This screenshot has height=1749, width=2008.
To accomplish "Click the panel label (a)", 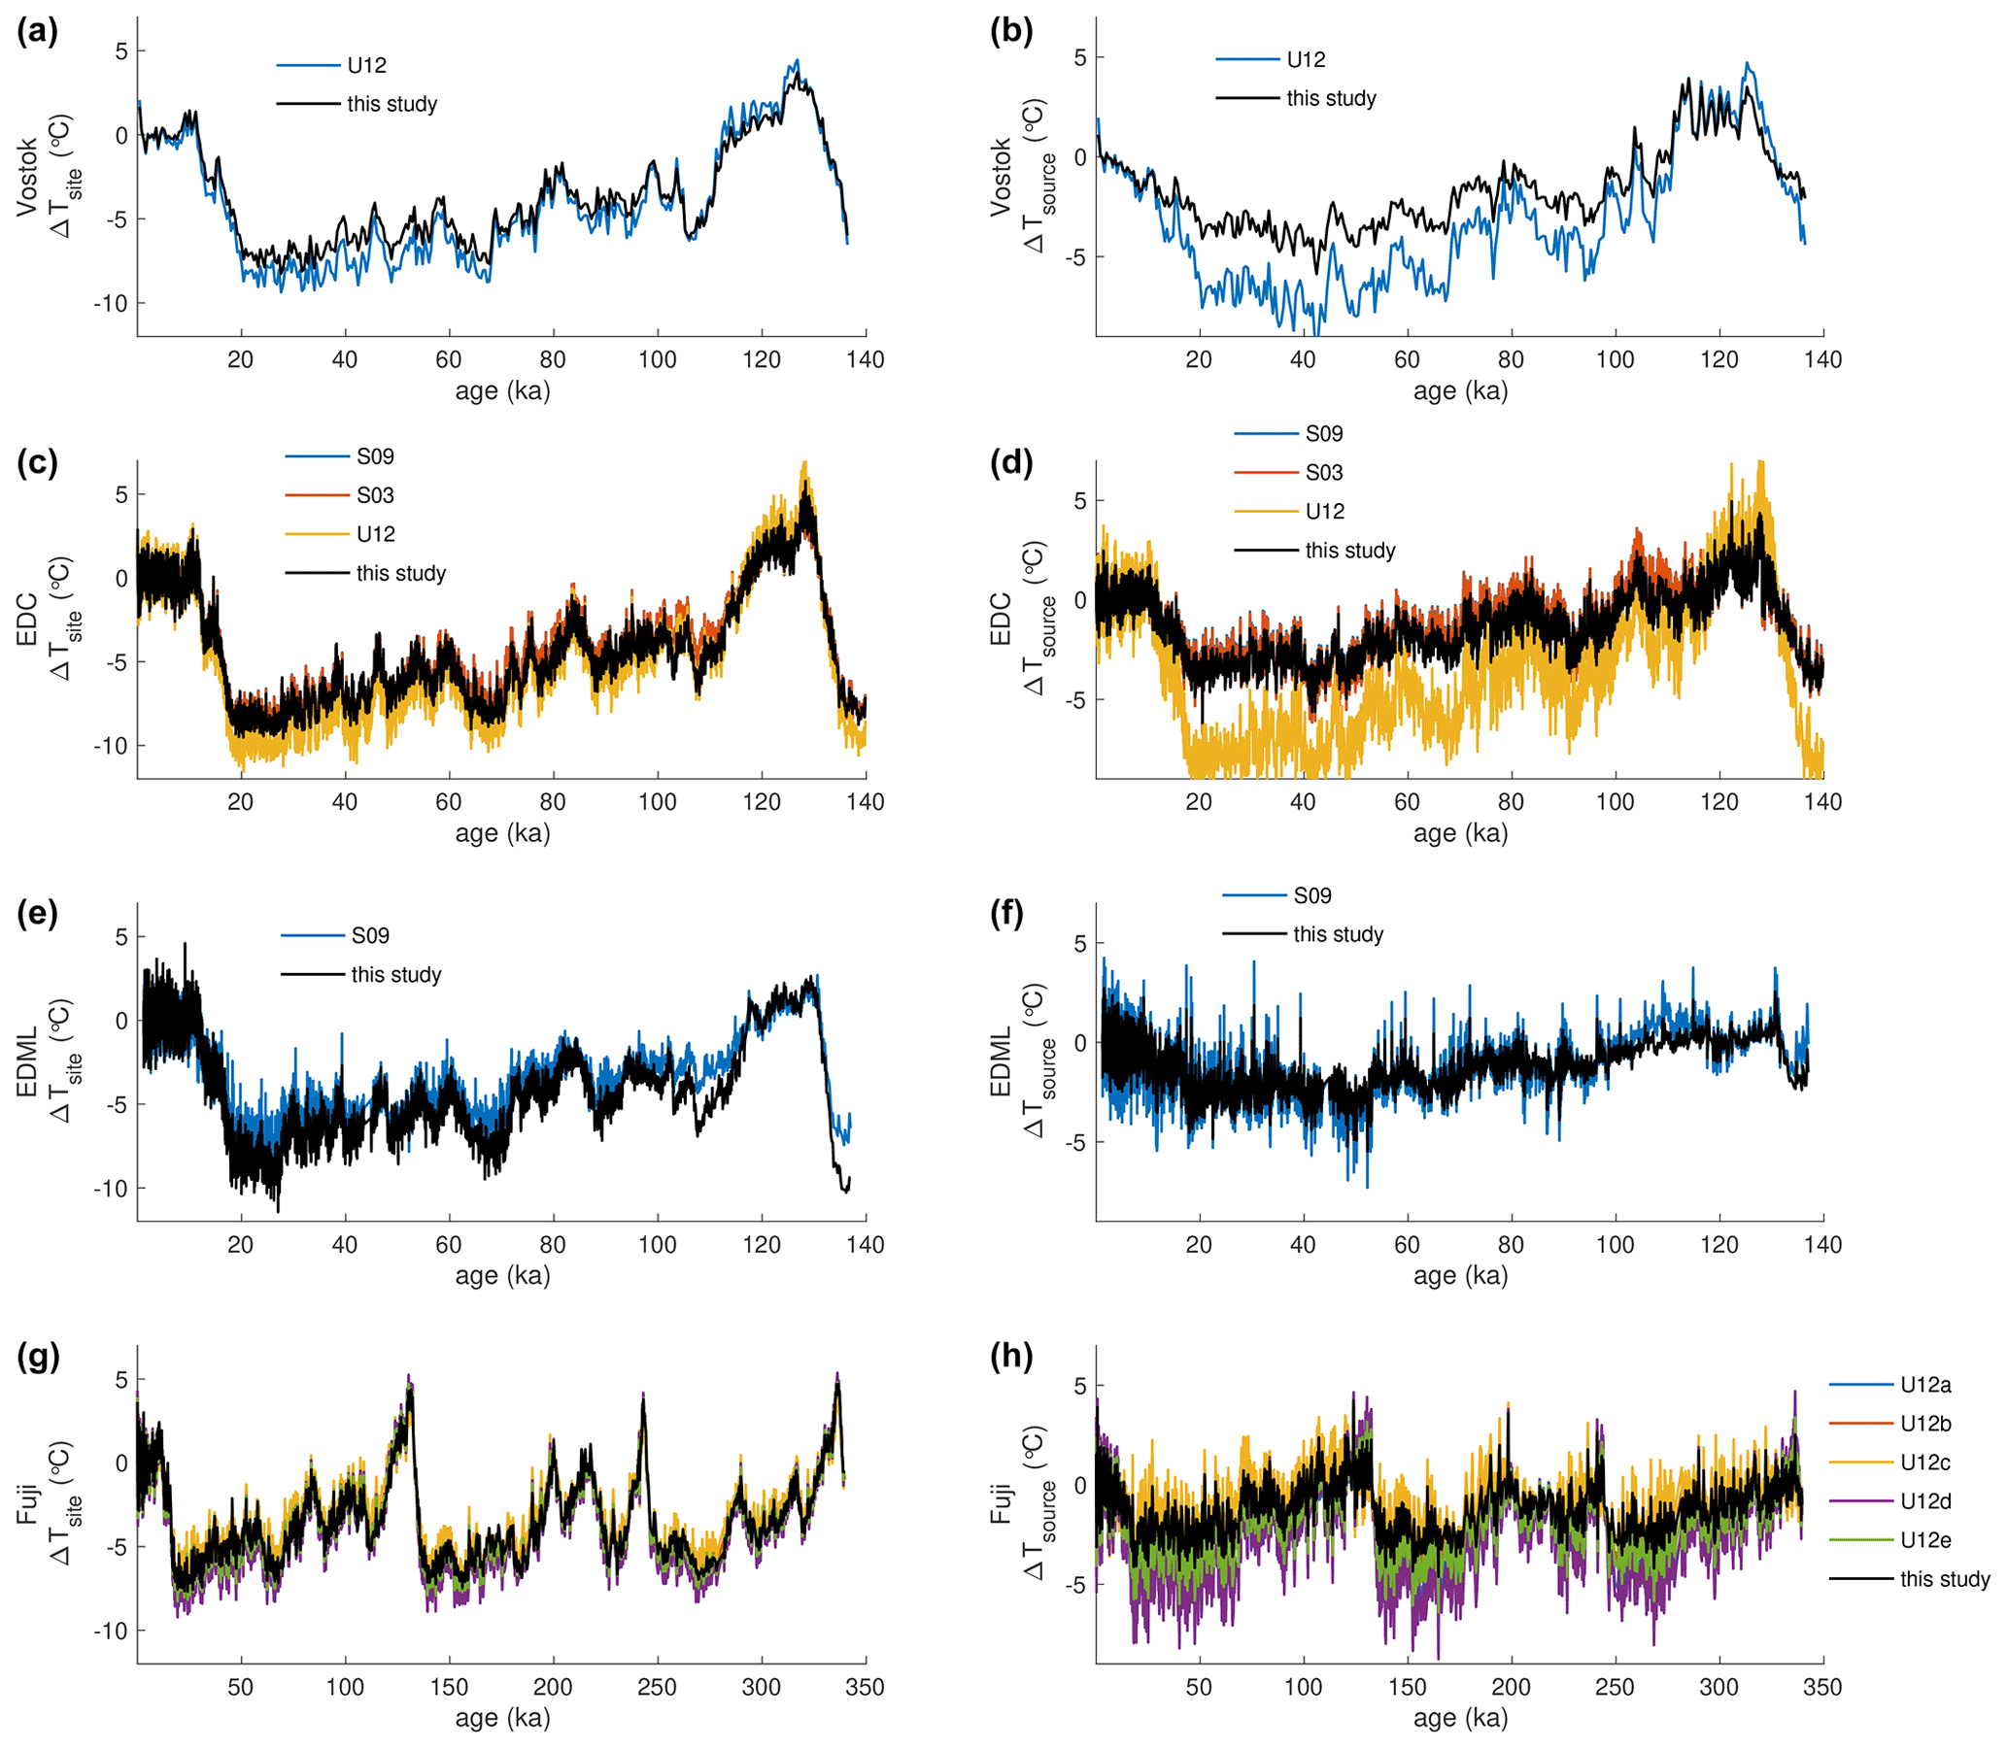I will pos(37,31).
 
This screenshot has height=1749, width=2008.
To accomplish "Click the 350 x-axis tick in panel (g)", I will pos(865,1687).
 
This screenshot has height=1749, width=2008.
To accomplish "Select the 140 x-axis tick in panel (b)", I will pos(1822,360).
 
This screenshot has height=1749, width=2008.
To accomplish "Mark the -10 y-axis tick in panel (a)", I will pos(111,304).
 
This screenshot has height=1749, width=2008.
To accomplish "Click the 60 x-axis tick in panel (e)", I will pos(449,1244).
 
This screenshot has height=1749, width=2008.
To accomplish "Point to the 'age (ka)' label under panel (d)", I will pos(1460,833).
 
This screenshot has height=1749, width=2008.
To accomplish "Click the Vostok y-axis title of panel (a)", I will pos(27,177).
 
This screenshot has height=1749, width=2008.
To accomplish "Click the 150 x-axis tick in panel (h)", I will pos(1407,1687).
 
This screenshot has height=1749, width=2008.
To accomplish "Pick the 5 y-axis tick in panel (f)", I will pos(1078,944).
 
